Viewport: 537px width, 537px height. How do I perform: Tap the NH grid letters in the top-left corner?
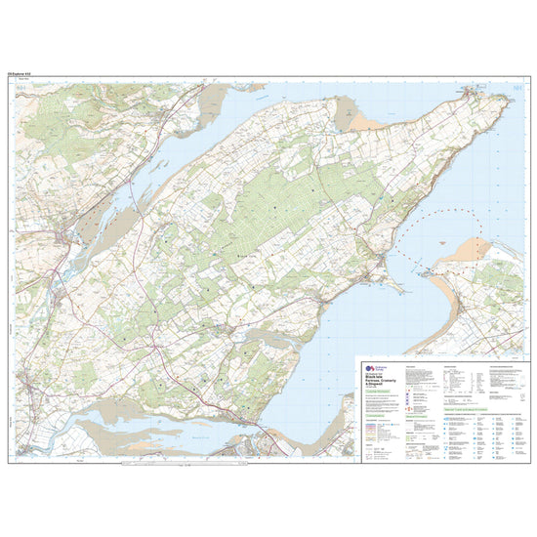tap(22, 89)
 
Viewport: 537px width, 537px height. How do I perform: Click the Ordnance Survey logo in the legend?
tap(367, 365)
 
